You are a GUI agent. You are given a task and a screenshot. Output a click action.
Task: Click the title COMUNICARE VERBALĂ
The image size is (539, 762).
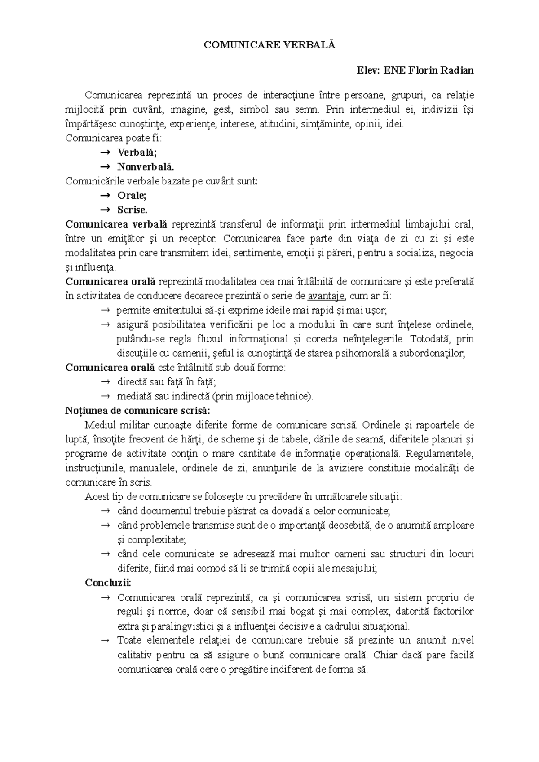[x=269, y=45]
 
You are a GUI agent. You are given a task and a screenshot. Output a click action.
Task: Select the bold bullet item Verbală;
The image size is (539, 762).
[x=137, y=152]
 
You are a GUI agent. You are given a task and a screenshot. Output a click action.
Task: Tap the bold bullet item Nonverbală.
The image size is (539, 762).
[x=145, y=166]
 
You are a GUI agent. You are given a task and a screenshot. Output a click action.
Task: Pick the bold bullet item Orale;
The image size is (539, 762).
[x=132, y=195]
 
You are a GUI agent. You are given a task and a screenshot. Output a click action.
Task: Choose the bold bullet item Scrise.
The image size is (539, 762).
[x=132, y=210]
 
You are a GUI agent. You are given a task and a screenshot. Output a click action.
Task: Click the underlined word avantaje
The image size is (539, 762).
[x=327, y=296]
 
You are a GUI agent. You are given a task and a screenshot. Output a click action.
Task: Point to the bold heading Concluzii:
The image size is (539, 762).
[x=108, y=582]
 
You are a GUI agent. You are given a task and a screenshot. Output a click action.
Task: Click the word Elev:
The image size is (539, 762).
[x=368, y=70]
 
